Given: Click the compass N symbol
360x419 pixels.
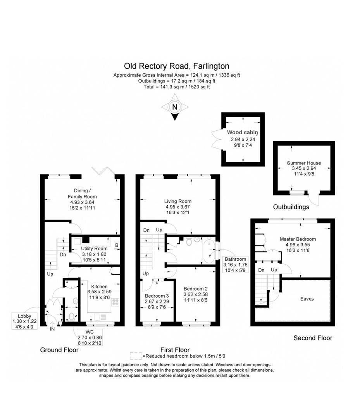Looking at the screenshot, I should [175, 107].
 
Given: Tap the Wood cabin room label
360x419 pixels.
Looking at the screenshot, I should [242, 132].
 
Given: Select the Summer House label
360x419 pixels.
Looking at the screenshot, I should [304, 163].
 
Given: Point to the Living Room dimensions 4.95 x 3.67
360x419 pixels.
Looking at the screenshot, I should [178, 207].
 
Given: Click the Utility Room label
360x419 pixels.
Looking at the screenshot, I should [94, 249].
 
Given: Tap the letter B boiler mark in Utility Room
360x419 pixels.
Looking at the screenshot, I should [116, 245].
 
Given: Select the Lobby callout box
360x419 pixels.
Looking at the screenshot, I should [25, 321].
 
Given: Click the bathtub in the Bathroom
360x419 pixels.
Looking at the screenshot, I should [209, 250].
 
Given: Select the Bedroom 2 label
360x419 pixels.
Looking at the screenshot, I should [196, 289].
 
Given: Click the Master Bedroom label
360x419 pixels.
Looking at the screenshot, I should [298, 239].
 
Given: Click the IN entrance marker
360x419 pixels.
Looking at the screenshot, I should [52, 329].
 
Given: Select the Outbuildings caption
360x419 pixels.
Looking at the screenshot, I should [291, 207].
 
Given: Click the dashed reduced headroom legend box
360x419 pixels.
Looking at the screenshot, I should [136, 356].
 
